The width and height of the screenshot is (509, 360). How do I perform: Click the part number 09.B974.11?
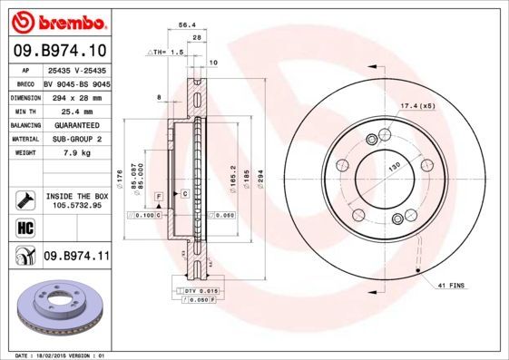(x=75, y=258)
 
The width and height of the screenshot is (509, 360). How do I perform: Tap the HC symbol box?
(x=24, y=226)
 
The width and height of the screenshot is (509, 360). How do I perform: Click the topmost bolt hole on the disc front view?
(x=371, y=138)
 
